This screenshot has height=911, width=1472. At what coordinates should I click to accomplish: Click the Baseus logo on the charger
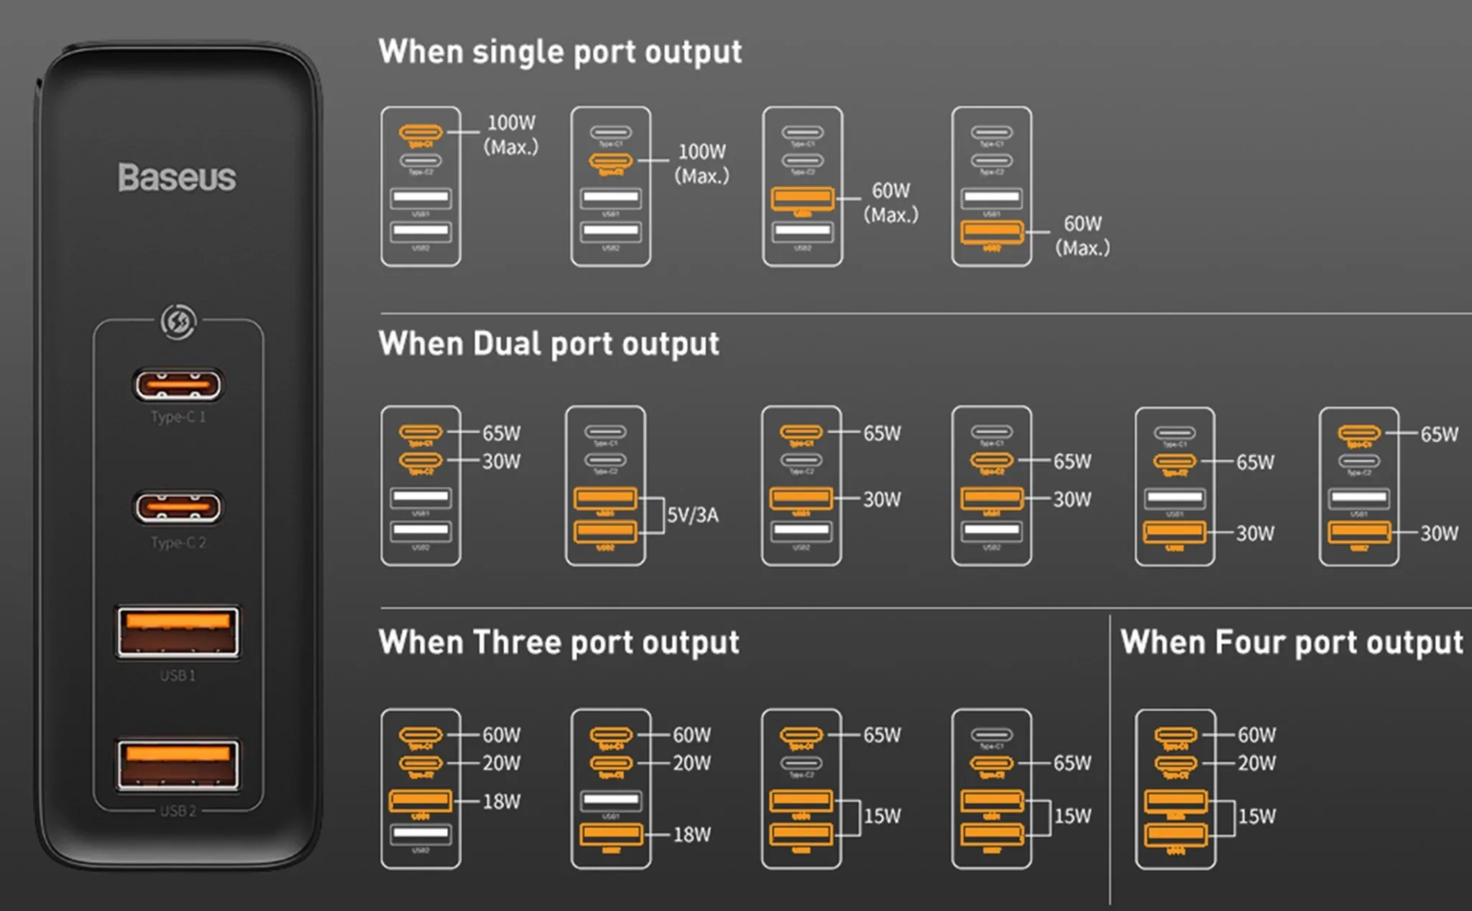pyautogui.click(x=177, y=178)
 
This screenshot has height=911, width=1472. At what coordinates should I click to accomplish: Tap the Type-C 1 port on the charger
pyautogui.click(x=178, y=385)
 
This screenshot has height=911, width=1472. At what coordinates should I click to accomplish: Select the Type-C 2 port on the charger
pyautogui.click(x=178, y=508)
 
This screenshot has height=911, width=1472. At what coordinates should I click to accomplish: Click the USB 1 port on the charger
pyautogui.click(x=178, y=632)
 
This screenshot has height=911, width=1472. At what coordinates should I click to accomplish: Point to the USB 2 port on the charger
pyautogui.click(x=178, y=764)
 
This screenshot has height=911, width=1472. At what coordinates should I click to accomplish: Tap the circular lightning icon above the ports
pyautogui.click(x=178, y=321)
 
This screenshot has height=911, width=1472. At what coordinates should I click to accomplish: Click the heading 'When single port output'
pyautogui.click(x=560, y=52)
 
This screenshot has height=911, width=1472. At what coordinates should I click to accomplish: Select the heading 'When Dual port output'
pyautogui.click(x=548, y=344)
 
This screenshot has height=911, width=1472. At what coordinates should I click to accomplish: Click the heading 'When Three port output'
pyautogui.click(x=558, y=643)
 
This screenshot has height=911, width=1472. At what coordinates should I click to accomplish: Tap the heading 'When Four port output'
pyautogui.click(x=1292, y=643)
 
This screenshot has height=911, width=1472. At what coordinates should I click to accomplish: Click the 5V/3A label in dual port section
pyautogui.click(x=692, y=515)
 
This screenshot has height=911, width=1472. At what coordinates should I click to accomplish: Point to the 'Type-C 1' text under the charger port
pyautogui.click(x=178, y=417)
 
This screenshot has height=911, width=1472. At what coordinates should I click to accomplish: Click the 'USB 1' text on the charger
pyautogui.click(x=178, y=675)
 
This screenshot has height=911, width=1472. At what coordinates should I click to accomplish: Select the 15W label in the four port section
pyautogui.click(x=1256, y=816)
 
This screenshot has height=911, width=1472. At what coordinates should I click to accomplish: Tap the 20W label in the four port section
pyautogui.click(x=1256, y=763)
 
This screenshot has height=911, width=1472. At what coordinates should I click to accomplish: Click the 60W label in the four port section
pyautogui.click(x=1256, y=735)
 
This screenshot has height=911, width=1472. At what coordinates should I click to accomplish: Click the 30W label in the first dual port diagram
pyautogui.click(x=501, y=462)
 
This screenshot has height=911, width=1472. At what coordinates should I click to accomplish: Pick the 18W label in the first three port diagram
pyautogui.click(x=501, y=802)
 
